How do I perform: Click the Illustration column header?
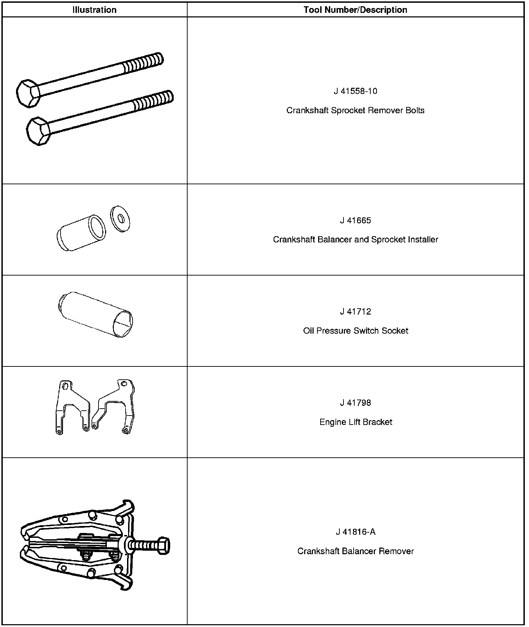[x=94, y=10]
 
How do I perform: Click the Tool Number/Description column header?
[x=355, y=10]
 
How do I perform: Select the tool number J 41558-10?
[x=355, y=91]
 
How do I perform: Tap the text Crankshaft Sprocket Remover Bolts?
[x=355, y=110]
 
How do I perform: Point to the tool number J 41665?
[x=355, y=220]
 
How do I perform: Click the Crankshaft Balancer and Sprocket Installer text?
[x=355, y=240]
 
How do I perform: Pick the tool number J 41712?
[x=355, y=311]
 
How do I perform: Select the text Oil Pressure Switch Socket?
[x=355, y=331]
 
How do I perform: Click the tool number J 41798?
[x=355, y=403]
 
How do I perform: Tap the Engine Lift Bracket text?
[x=355, y=422]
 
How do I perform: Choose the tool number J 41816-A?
[x=355, y=532]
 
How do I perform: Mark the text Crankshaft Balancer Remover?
[x=355, y=551]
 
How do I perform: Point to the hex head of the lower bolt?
[x=38, y=131]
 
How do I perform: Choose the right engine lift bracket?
[x=115, y=406]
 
